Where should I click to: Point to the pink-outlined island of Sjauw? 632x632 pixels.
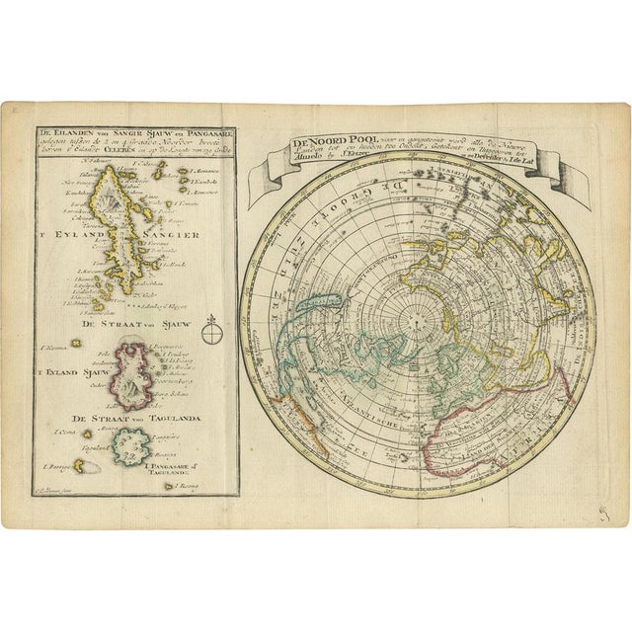click(139, 372)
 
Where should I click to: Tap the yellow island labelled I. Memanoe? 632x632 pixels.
click(183, 172)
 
